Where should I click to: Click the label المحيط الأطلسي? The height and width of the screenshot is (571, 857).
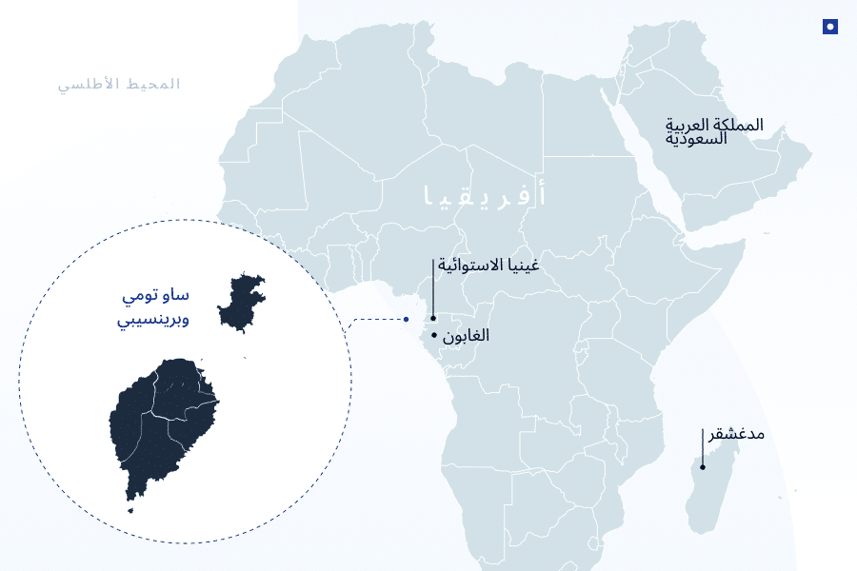pyautogui.click(x=119, y=84)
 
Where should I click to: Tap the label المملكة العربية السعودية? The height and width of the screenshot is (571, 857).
pyautogui.click(x=714, y=131)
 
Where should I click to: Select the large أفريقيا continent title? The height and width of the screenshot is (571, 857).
pyautogui.click(x=485, y=196)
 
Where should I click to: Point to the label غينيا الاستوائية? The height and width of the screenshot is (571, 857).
pyautogui.click(x=488, y=265)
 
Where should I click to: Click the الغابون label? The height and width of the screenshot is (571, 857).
pyautogui.click(x=466, y=336)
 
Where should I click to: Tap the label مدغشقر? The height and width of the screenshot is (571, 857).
pyautogui.click(x=736, y=434)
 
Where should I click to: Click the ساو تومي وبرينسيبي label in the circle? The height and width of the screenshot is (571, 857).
pyautogui.click(x=152, y=307)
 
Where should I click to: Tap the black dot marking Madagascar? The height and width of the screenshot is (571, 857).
pyautogui.click(x=703, y=466)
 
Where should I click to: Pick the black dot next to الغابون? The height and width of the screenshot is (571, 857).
pyautogui.click(x=434, y=335)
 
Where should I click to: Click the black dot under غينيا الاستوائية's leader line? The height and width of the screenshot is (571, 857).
pyautogui.click(x=432, y=319)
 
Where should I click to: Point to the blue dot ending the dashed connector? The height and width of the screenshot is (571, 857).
pyautogui.click(x=406, y=319)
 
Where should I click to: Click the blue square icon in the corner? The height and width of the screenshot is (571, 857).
pyautogui.click(x=830, y=27)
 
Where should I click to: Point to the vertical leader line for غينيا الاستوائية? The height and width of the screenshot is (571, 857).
pyautogui.click(x=432, y=285)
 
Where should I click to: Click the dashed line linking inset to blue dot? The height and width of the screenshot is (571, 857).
pyautogui.click(x=376, y=319)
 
